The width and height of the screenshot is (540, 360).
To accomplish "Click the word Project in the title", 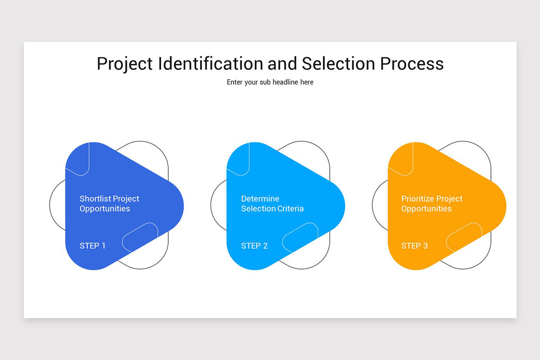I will pos(125,64).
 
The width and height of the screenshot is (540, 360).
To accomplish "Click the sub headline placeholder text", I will pos(270,82).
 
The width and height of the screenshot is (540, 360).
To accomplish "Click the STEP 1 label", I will pos(92,246).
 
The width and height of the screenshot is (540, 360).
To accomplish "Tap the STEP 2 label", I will pos(254,246).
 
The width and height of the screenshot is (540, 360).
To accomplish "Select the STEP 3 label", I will pos(414,246).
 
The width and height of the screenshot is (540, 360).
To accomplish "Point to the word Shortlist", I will pos(95,198).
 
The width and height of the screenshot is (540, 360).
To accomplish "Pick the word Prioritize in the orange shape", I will pos(418,198).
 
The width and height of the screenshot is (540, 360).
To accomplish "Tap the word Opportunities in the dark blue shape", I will pos(105,209).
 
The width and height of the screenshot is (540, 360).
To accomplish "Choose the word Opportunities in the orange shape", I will pos(426,209).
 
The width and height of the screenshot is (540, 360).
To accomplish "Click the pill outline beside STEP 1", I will pos(140,237).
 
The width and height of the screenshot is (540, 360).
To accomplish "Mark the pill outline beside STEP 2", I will pos(300,237).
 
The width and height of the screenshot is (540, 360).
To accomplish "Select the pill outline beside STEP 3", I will pos(464,237).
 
